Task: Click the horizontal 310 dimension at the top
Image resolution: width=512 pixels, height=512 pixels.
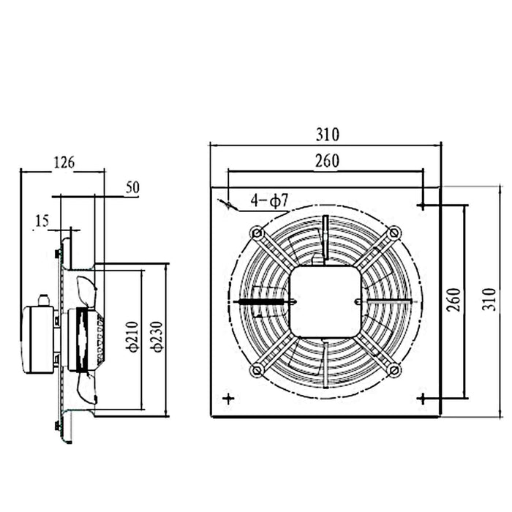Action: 327,135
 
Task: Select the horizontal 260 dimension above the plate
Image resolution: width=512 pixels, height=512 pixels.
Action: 326,162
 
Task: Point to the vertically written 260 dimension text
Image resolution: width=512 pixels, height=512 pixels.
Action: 454,299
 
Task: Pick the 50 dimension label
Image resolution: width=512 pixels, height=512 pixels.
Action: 132,187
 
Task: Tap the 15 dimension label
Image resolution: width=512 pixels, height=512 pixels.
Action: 42,220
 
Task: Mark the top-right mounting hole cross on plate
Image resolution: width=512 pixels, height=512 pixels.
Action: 421,206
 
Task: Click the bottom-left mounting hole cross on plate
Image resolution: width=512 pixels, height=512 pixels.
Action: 229,399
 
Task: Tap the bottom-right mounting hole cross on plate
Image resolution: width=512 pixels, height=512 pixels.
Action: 421,399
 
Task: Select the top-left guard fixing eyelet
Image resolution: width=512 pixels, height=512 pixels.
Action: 257,233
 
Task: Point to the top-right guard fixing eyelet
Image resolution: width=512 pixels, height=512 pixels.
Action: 394,233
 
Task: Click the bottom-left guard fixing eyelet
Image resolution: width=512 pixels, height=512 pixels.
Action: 257,370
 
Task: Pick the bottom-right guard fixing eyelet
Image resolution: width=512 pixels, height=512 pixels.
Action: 394,370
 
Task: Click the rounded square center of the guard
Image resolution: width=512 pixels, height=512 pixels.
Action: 325,301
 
